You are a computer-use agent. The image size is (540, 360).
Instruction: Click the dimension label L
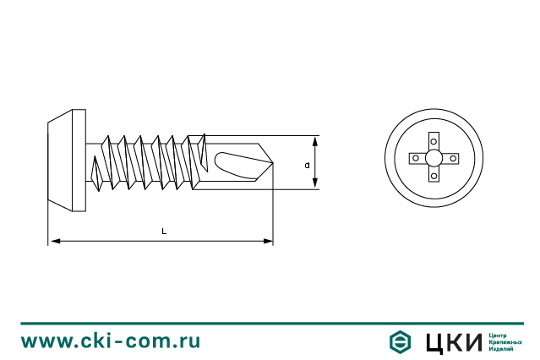pos(164,232)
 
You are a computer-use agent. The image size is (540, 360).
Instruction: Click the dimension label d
pos(307,166)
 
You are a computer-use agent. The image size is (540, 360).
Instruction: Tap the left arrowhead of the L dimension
pos(55,241)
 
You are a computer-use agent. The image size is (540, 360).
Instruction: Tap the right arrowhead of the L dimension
pos(268,241)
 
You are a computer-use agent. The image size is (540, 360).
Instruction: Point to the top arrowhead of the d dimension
pos(315,141)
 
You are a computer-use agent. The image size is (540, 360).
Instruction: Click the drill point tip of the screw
pos(272,162)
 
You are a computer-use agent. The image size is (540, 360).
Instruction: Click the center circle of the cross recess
pos(434,158)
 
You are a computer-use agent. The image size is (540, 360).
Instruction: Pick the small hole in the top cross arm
pos(434,141)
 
